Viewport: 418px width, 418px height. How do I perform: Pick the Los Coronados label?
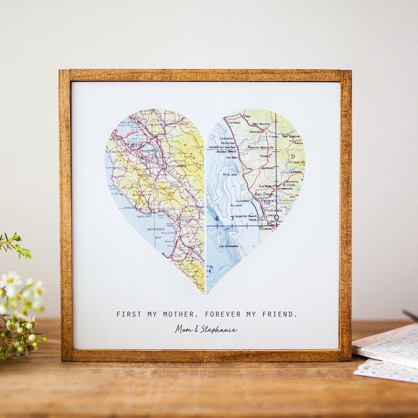[x=228, y=246]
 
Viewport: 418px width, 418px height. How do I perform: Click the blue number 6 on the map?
[x=216, y=218]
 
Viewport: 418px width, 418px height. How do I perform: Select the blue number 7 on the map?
[x=233, y=218]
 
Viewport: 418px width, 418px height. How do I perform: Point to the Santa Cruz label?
[x=145, y=216]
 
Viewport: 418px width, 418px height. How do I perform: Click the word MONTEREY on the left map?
[x=156, y=229]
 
